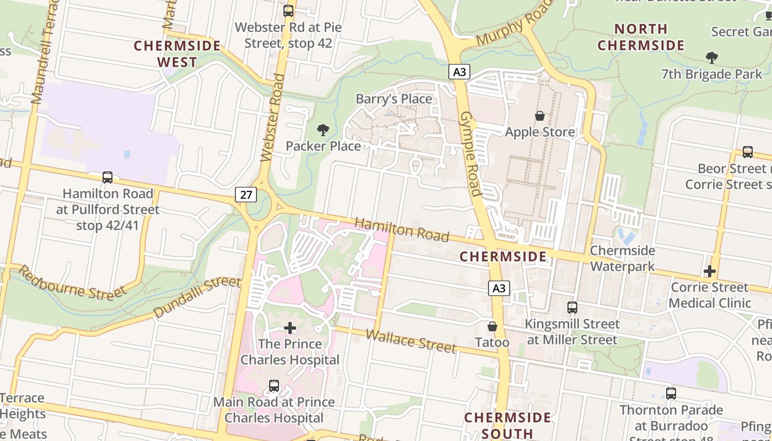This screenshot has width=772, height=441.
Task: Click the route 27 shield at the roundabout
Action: [x=246, y=194]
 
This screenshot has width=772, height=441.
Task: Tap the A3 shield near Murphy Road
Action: [x=459, y=72]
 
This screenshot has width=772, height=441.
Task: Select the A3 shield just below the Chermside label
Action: [x=498, y=288]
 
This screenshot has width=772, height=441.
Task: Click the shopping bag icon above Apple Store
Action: [x=540, y=116]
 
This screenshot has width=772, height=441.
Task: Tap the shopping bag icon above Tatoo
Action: [x=492, y=327]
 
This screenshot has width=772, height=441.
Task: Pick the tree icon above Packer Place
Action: [x=323, y=130]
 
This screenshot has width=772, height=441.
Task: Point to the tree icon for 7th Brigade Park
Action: [x=712, y=57]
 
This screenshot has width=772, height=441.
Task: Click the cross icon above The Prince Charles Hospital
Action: [x=290, y=329]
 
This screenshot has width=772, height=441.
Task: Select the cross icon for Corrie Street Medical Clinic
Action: [x=710, y=271]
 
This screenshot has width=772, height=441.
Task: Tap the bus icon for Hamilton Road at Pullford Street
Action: [x=108, y=178]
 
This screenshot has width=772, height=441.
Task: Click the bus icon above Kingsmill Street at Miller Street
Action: [x=572, y=308]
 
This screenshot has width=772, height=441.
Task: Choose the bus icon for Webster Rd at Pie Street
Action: [x=288, y=11]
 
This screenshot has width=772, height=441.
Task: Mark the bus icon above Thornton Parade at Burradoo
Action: [x=671, y=394]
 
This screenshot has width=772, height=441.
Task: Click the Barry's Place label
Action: [x=394, y=99]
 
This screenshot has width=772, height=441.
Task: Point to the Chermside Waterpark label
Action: [x=623, y=259]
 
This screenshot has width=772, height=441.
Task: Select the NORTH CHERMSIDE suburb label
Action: [x=641, y=37]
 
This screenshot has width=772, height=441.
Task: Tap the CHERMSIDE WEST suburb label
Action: [x=177, y=53]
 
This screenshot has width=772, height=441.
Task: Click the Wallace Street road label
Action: [x=411, y=341]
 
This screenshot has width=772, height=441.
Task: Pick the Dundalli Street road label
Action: [x=197, y=298]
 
